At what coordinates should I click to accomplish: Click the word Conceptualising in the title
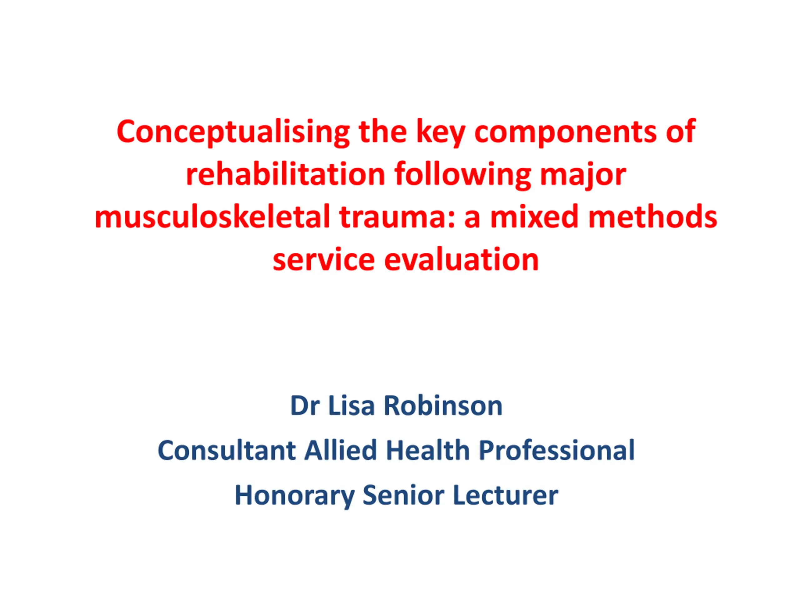(x=233, y=132)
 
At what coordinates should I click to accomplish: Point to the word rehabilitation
(x=285, y=175)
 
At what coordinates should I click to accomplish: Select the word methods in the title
(x=653, y=217)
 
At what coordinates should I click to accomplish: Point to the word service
(x=324, y=260)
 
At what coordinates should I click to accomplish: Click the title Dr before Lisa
(x=305, y=406)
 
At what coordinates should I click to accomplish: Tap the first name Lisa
(x=351, y=406)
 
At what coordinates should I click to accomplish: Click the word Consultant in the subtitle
(x=227, y=450)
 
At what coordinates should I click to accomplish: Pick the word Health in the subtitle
(x=428, y=450)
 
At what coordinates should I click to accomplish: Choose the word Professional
(x=557, y=450)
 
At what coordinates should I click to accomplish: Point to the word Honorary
(x=295, y=496)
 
